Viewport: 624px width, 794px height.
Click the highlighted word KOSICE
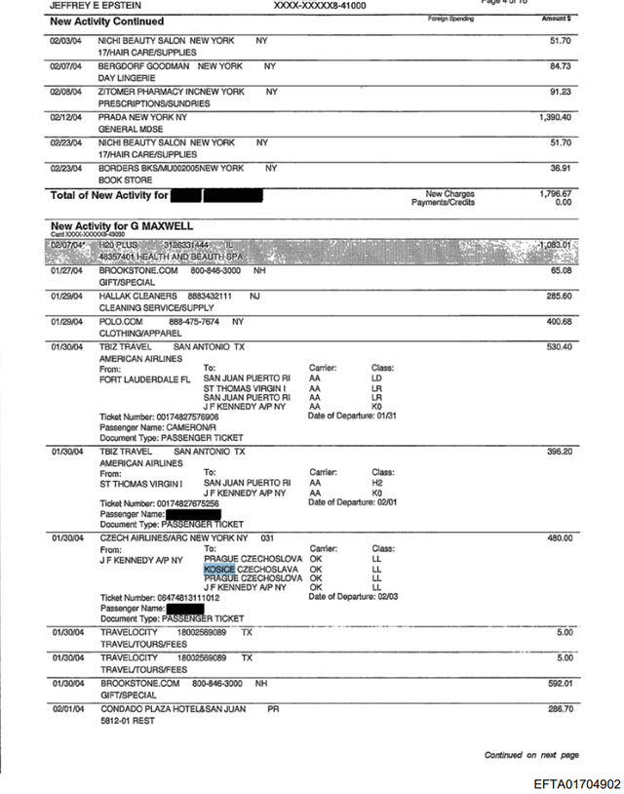tap(219, 569)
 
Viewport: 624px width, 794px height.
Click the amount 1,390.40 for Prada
tap(554, 117)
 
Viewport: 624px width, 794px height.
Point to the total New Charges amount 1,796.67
tap(554, 193)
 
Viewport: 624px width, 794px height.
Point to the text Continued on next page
tap(531, 755)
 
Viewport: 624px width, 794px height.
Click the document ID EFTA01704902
tap(576, 784)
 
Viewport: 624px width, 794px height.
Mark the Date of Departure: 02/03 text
tap(356, 597)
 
